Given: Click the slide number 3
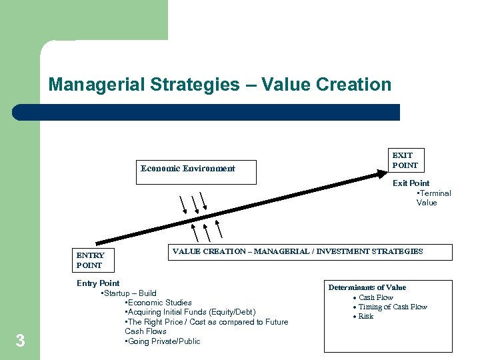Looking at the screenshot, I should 20,341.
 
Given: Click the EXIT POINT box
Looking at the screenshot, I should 405,160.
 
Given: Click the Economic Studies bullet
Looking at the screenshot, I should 159,303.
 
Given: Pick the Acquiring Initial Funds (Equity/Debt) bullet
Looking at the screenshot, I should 191,312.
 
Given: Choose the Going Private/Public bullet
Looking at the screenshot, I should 163,341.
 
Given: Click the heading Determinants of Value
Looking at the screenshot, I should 367,287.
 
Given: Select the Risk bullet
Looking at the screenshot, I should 366,316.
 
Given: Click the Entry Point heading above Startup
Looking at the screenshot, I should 98,283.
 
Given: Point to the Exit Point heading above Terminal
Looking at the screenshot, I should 411,183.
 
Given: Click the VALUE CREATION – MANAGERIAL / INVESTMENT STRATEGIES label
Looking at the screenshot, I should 297,251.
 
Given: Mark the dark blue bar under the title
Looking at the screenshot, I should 207,112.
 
